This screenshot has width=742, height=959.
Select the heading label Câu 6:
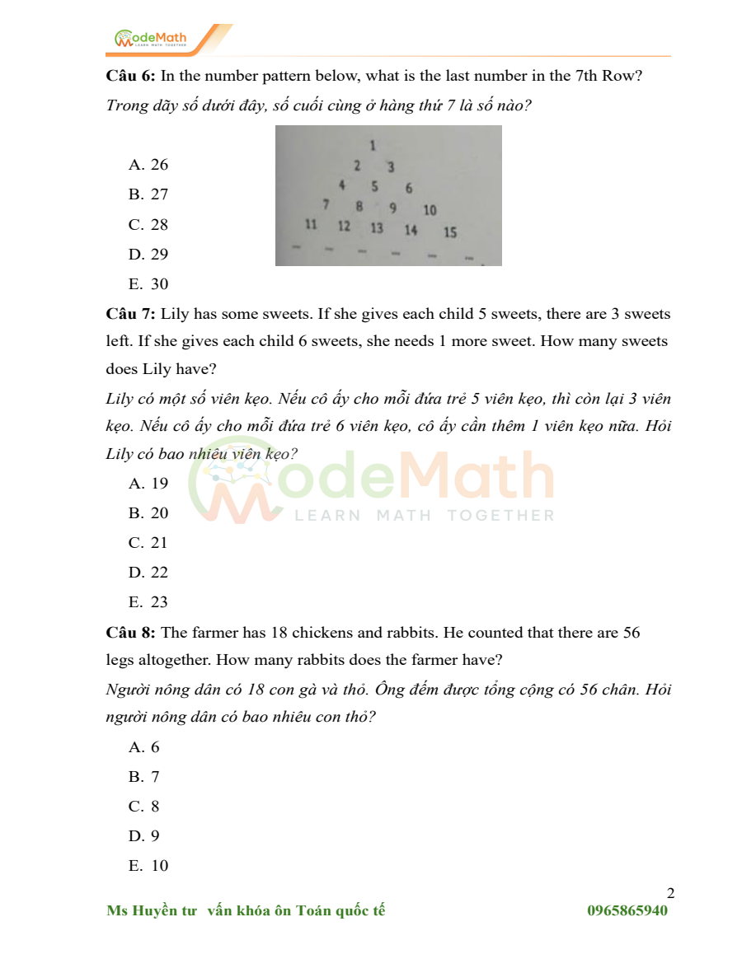pyautogui.click(x=130, y=77)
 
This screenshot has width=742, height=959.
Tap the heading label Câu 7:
pyautogui.click(x=130, y=314)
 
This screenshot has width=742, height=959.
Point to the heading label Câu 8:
pyautogui.click(x=130, y=633)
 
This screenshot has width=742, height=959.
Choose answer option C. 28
pyautogui.click(x=148, y=224)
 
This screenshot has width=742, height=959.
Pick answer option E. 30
pyautogui.click(x=148, y=284)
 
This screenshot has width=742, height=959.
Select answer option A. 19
pyautogui.click(x=148, y=484)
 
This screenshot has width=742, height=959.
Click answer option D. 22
pyautogui.click(x=148, y=573)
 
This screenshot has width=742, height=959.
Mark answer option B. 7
pyautogui.click(x=144, y=777)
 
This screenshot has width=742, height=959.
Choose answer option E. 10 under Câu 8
pyautogui.click(x=148, y=866)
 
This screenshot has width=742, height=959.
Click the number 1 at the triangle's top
pyautogui.click(x=373, y=146)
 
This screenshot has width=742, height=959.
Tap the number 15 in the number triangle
pyautogui.click(x=450, y=232)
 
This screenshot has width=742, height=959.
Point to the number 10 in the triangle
pyautogui.click(x=430, y=210)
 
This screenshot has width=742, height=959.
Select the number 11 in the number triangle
pyautogui.click(x=311, y=224)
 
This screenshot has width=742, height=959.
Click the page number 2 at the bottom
pyautogui.click(x=670, y=894)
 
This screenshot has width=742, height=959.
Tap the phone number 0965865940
pyautogui.click(x=627, y=910)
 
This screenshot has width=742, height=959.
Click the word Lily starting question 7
pyautogui.click(x=175, y=314)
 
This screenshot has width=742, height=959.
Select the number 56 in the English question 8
pyautogui.click(x=632, y=633)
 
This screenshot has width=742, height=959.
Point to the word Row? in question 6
pyautogui.click(x=622, y=77)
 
